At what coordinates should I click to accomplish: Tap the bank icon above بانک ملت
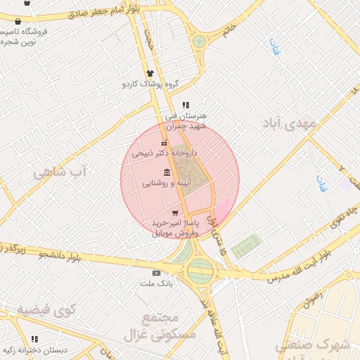pyautogui.click(x=156, y=273)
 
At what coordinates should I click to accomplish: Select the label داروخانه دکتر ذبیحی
pyautogui.click(x=165, y=153)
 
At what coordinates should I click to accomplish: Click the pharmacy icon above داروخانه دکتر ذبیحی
pyautogui.click(x=164, y=143)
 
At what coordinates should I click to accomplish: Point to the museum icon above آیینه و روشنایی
pyautogui.click(x=167, y=173)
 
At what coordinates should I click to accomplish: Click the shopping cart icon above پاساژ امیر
pyautogui.click(x=175, y=213)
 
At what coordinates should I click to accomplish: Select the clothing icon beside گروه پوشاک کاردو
pyautogui.click(x=150, y=73)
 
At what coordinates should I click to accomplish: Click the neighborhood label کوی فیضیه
pyautogui.click(x=46, y=309)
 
